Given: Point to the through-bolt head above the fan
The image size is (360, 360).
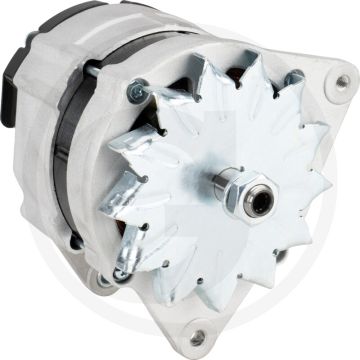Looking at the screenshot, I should [133, 91].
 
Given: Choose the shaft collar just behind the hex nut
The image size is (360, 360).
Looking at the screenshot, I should [218, 192].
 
